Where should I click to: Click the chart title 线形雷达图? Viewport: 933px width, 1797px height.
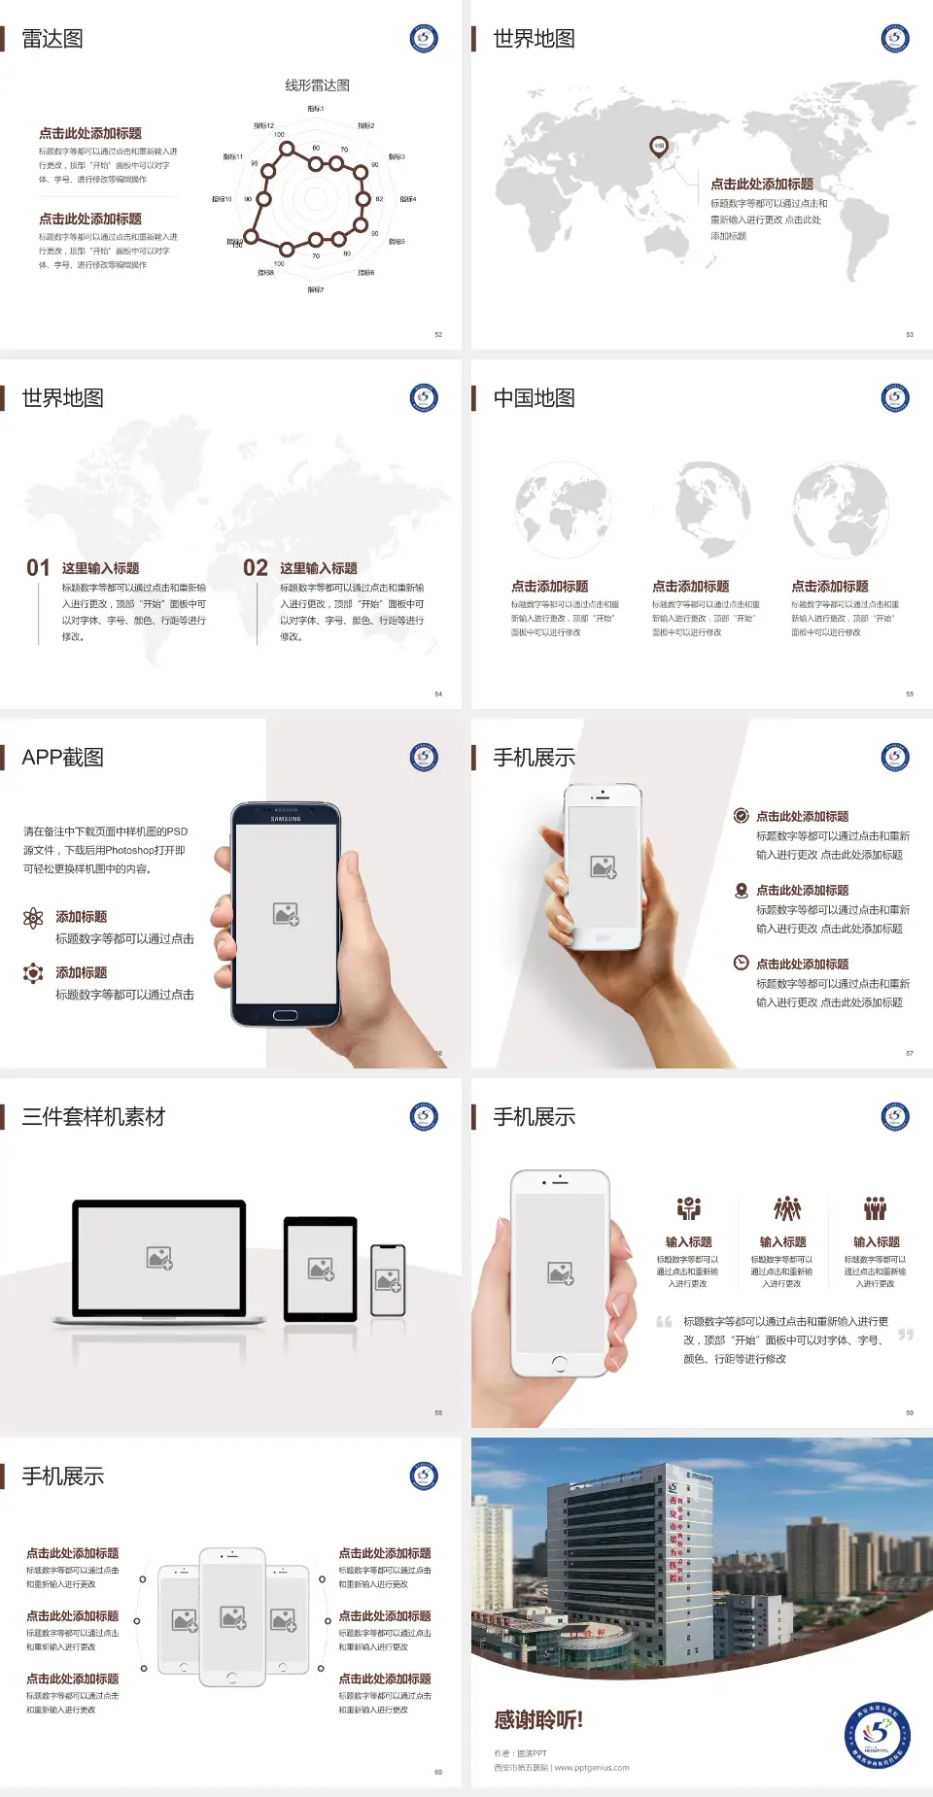pos(317,85)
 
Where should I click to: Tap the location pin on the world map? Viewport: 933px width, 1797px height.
pos(659,146)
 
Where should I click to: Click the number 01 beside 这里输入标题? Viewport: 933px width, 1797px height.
pos(38,568)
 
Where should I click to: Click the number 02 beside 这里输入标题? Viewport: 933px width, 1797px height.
pos(256,568)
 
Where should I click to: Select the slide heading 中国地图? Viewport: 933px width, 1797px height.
pos(534,398)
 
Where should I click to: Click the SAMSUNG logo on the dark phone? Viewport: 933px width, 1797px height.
pos(286,819)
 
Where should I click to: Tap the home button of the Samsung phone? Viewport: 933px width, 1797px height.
pos(285,1015)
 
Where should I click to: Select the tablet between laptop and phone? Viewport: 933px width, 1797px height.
pos(321,1269)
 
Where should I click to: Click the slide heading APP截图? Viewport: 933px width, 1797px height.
pos(62,758)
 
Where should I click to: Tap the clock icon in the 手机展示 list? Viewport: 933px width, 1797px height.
pos(741,963)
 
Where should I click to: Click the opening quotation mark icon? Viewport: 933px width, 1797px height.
pos(664,1322)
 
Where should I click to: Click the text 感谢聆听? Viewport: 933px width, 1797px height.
pos(538,1720)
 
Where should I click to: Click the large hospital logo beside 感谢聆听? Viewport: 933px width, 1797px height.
pos(877,1735)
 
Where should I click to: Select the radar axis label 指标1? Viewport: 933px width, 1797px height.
pos(316,109)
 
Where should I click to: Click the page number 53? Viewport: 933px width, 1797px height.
pos(910,334)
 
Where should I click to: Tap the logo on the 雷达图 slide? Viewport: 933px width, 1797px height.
pos(424,39)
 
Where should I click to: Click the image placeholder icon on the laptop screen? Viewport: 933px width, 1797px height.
pos(159,1258)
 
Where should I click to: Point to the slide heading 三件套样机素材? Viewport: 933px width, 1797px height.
pos(93,1117)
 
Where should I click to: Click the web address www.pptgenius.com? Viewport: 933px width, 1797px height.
pos(592,1768)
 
